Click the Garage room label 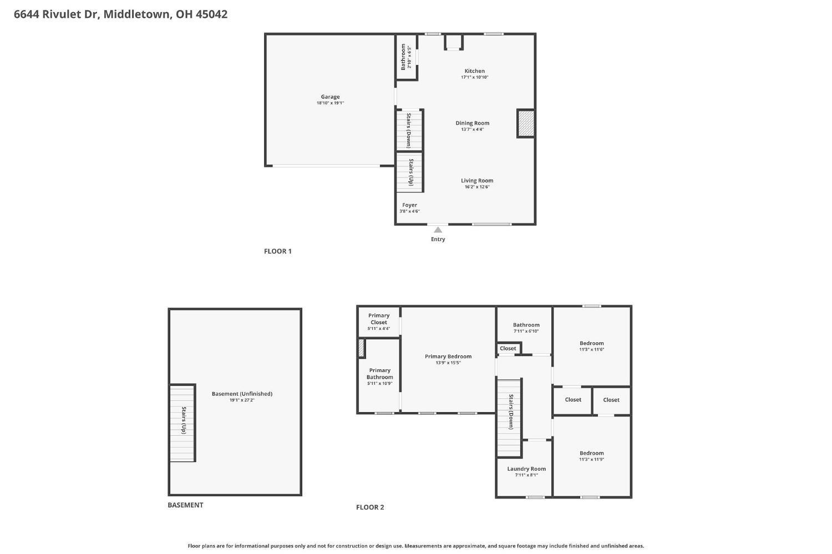coord(330,97)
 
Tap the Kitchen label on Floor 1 coord(474,71)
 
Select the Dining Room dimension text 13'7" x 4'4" coord(473,130)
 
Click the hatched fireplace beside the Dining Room coord(526,124)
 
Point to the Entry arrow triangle coord(438,230)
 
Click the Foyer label coord(409,205)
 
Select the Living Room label coord(477,181)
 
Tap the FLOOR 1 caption coord(277,251)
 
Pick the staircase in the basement coord(182,423)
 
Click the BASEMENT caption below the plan coord(185,505)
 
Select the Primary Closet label coord(379,319)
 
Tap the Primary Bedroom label coord(448,357)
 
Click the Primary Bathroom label coord(379,374)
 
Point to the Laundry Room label coord(526,469)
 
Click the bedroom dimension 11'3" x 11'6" coord(591,350)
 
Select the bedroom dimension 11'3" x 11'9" coord(591,460)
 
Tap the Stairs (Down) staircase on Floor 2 coord(509,418)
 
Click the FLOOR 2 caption coord(370,507)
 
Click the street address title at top coord(120,14)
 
